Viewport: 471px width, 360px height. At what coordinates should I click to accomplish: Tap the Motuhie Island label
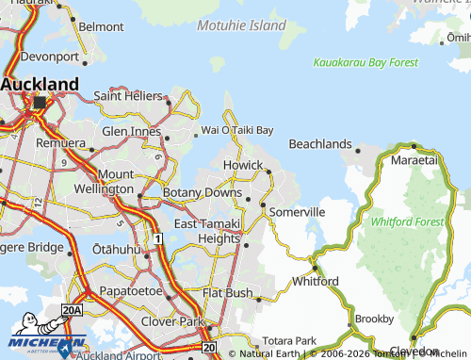point(242,25)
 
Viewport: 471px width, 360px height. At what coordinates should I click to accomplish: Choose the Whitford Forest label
point(407,221)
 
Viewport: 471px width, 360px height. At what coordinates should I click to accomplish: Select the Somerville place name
point(297,213)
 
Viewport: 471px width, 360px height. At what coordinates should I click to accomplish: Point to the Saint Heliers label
point(131,95)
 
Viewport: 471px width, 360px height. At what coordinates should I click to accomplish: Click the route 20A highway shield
point(72,310)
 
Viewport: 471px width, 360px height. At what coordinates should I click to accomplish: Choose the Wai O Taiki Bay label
point(237,130)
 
